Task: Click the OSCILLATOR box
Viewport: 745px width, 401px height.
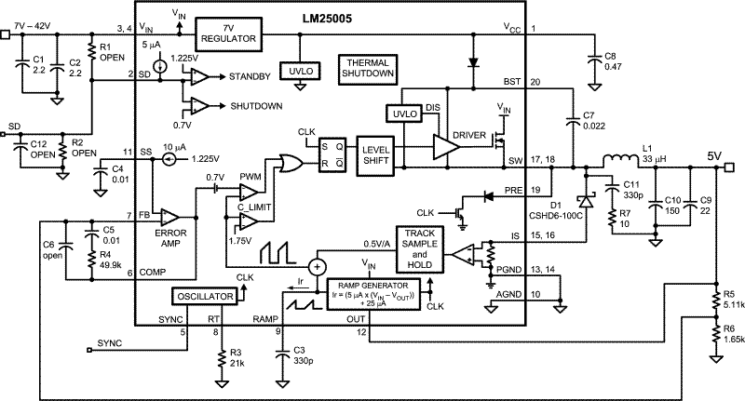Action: tap(204, 297)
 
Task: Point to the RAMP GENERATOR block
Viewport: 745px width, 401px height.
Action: tap(372, 293)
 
